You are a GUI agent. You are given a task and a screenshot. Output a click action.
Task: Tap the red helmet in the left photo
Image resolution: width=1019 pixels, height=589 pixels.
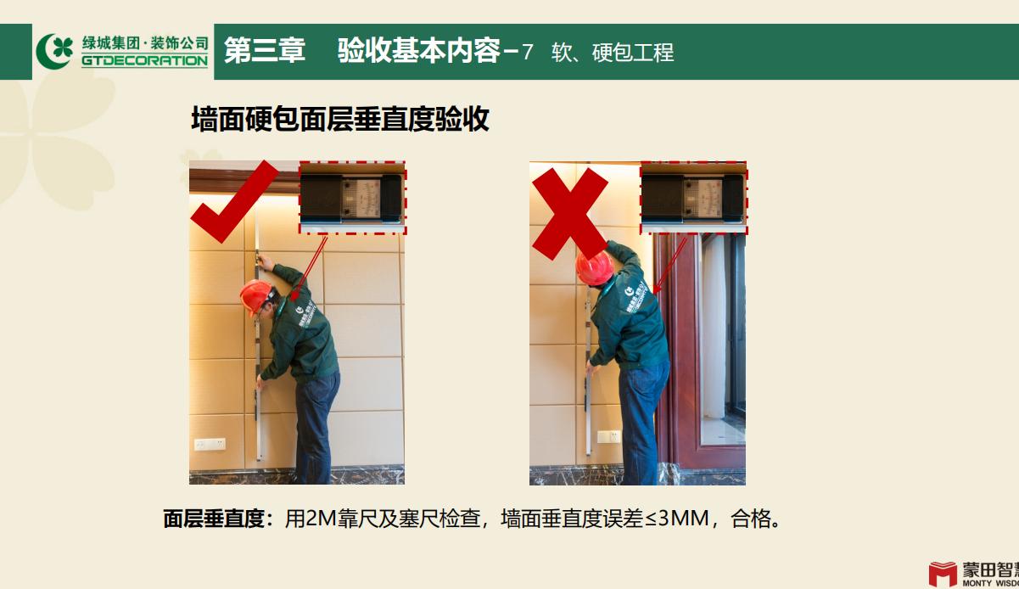click(x=254, y=296)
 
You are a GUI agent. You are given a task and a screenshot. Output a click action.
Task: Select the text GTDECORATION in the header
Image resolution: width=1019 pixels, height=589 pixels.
click(x=144, y=61)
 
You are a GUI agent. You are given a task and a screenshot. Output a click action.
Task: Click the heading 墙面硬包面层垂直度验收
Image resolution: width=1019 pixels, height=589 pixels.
click(x=340, y=120)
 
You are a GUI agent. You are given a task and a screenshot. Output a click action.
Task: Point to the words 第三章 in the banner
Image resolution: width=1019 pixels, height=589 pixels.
click(x=264, y=51)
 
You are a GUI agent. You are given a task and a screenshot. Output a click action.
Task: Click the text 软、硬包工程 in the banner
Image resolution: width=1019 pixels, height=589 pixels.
click(x=612, y=53)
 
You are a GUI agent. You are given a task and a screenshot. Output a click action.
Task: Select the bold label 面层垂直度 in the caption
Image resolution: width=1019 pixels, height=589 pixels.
click(x=215, y=519)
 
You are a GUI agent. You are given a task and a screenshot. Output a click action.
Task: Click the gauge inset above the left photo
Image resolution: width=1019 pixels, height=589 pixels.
click(x=352, y=198)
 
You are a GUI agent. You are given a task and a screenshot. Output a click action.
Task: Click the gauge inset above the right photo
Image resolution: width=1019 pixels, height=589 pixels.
click(x=694, y=198)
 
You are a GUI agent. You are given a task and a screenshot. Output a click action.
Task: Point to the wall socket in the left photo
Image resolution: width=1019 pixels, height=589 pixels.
click(x=209, y=444)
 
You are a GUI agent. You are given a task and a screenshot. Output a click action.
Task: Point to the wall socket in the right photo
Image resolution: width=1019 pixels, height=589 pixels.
click(x=607, y=436)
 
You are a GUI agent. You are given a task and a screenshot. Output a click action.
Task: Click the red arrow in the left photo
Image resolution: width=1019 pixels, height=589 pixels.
click(x=309, y=266)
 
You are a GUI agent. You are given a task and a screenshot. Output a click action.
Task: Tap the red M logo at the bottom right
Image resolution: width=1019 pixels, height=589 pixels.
click(x=942, y=574)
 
